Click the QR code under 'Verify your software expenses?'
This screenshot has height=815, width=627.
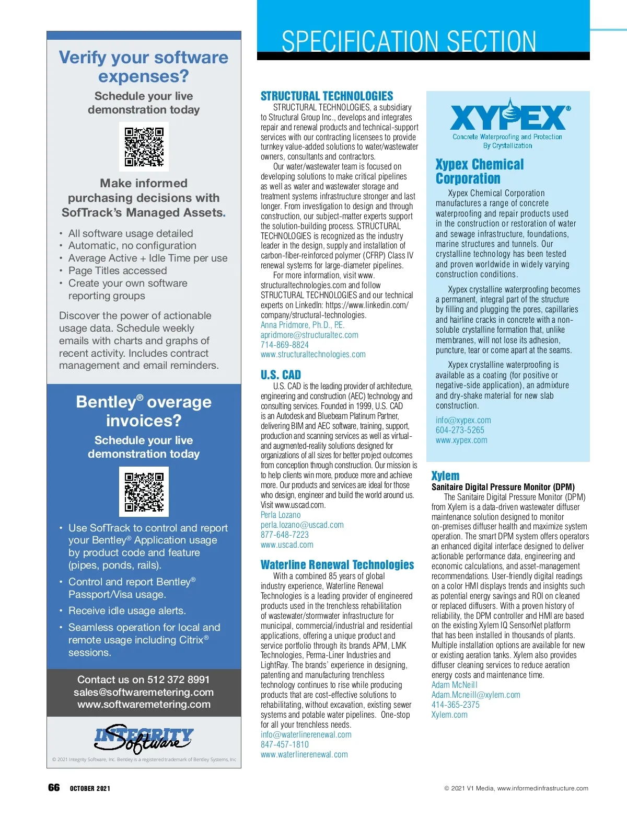144,146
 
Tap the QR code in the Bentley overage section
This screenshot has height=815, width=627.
144,491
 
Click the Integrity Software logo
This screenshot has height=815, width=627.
144,737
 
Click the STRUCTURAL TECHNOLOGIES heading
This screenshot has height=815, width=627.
327,96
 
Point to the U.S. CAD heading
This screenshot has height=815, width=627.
281,375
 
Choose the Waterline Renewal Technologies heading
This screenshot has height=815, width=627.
337,565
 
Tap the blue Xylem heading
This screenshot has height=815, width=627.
445,476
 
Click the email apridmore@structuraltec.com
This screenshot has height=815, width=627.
309,335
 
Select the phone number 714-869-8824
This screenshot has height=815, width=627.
285,345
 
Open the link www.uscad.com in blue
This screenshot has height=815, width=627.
287,545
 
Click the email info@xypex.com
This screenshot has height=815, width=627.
463,420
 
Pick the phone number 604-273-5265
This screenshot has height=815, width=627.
460,430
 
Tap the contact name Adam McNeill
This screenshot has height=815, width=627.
454,685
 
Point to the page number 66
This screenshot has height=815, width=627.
54,788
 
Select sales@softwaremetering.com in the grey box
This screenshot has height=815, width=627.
144,692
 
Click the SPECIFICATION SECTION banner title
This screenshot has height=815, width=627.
409,42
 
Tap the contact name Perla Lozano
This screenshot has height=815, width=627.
281,515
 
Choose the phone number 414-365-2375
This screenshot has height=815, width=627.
455,705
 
